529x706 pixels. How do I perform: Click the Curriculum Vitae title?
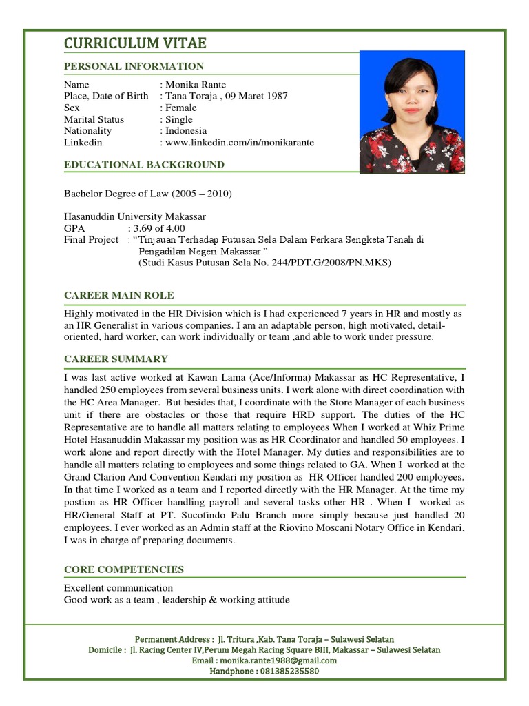point(135,43)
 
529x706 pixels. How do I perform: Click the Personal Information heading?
point(134,66)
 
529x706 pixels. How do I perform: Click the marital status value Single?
point(178,119)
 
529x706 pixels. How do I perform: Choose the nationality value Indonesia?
point(185,130)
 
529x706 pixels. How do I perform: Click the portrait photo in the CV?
point(412,112)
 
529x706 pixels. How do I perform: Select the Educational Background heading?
point(144,165)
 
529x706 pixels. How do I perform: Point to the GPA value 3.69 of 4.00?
point(159,228)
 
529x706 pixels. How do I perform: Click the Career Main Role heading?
point(119,295)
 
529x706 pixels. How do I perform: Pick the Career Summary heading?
point(116,359)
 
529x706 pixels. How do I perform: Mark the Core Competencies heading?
point(124,569)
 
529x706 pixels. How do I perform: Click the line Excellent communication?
point(118,588)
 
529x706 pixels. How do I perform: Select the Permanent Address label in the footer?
point(172,639)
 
